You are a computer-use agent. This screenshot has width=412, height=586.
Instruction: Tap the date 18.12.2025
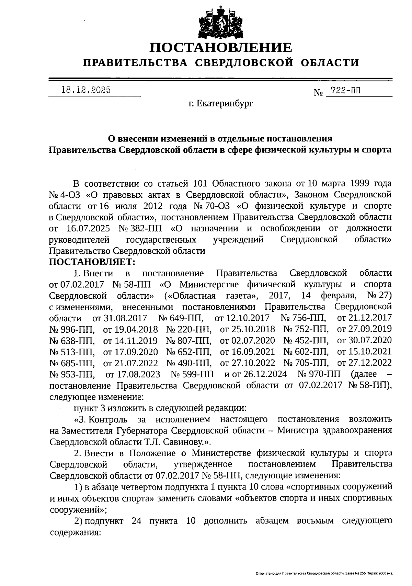(x=86, y=90)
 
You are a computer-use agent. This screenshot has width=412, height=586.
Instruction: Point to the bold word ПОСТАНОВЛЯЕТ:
(x=93, y=262)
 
